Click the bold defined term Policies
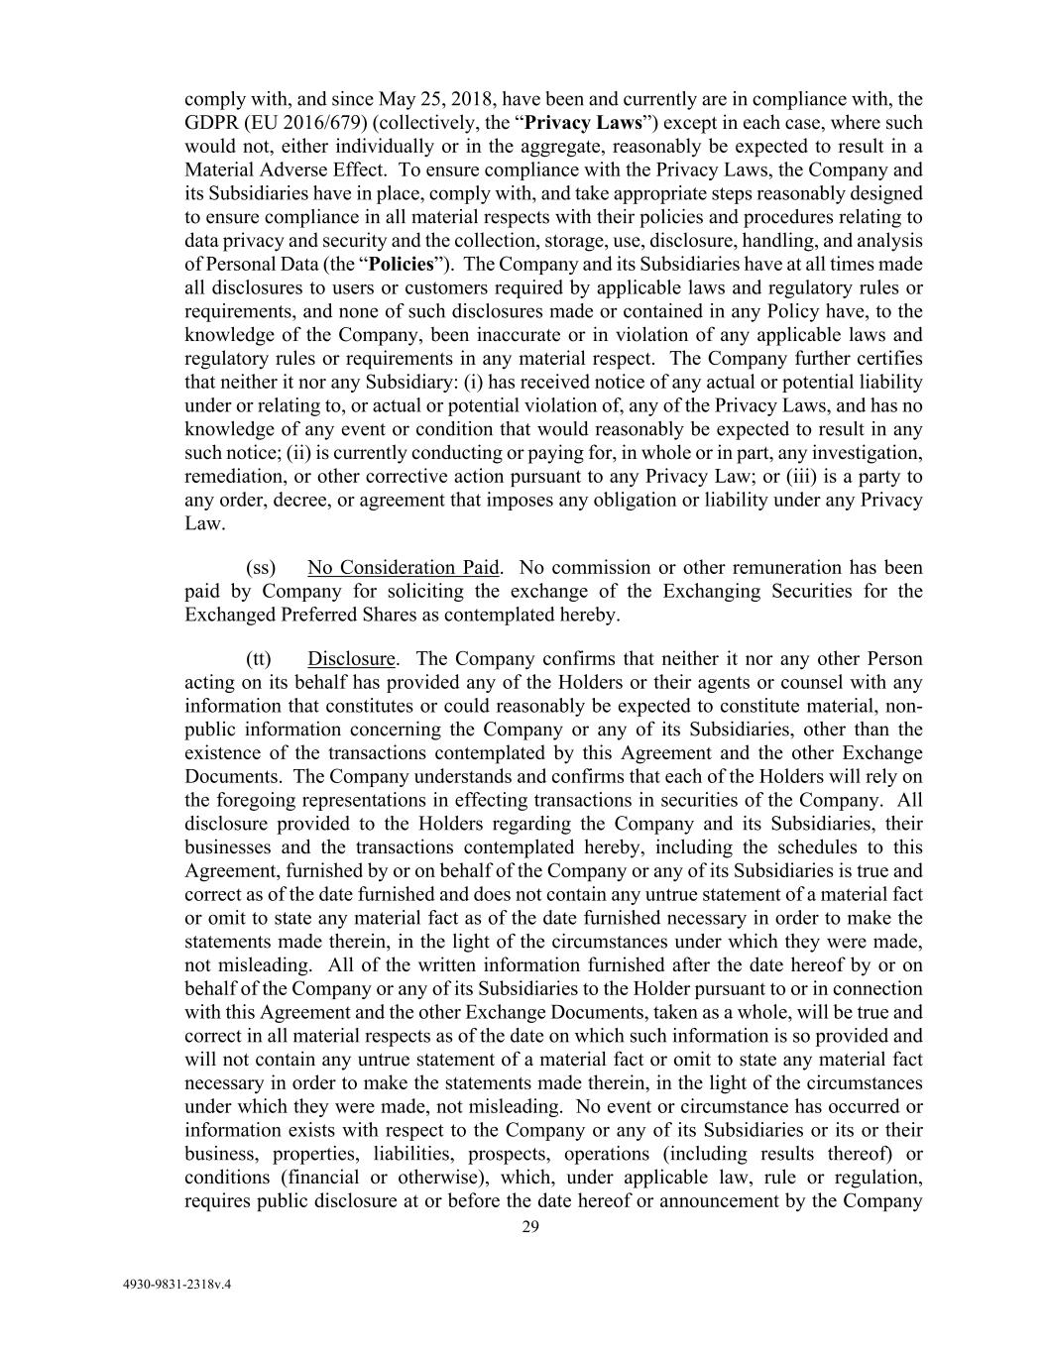coord(402,265)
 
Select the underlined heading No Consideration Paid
coord(403,568)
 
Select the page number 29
coord(530,1227)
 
